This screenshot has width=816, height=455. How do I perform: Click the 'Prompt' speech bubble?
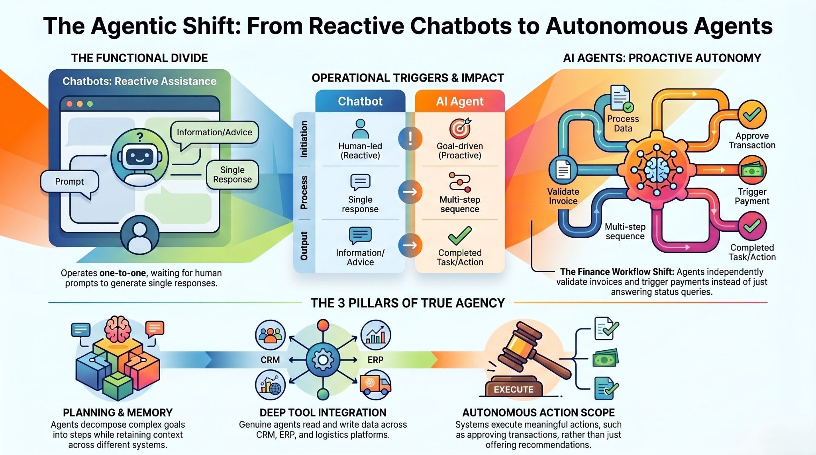click(x=69, y=182)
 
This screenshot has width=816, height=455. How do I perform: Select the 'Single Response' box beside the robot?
click(x=232, y=175)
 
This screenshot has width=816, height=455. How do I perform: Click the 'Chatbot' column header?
click(x=360, y=102)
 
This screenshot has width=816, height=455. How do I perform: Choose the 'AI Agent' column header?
click(x=460, y=102)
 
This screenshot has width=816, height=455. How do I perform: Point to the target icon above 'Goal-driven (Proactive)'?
click(x=460, y=129)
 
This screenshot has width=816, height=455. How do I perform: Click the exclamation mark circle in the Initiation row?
click(x=410, y=139)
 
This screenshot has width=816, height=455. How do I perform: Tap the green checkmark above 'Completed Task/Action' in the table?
click(x=460, y=235)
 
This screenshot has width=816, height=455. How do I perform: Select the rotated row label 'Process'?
click(x=304, y=192)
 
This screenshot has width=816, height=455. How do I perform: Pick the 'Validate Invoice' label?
click(x=563, y=196)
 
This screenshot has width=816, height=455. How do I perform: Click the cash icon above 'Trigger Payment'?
click(x=752, y=170)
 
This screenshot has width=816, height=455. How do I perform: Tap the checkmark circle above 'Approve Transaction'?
click(x=752, y=115)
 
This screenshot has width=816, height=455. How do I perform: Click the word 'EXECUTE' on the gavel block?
click(x=514, y=390)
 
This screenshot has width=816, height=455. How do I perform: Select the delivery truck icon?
click(x=375, y=385)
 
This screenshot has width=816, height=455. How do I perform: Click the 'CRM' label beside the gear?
click(x=270, y=360)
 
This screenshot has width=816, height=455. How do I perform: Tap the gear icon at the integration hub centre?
click(x=323, y=360)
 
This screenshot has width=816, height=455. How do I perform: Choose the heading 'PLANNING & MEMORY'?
click(x=118, y=413)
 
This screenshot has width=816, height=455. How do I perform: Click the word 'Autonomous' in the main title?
click(x=616, y=26)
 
